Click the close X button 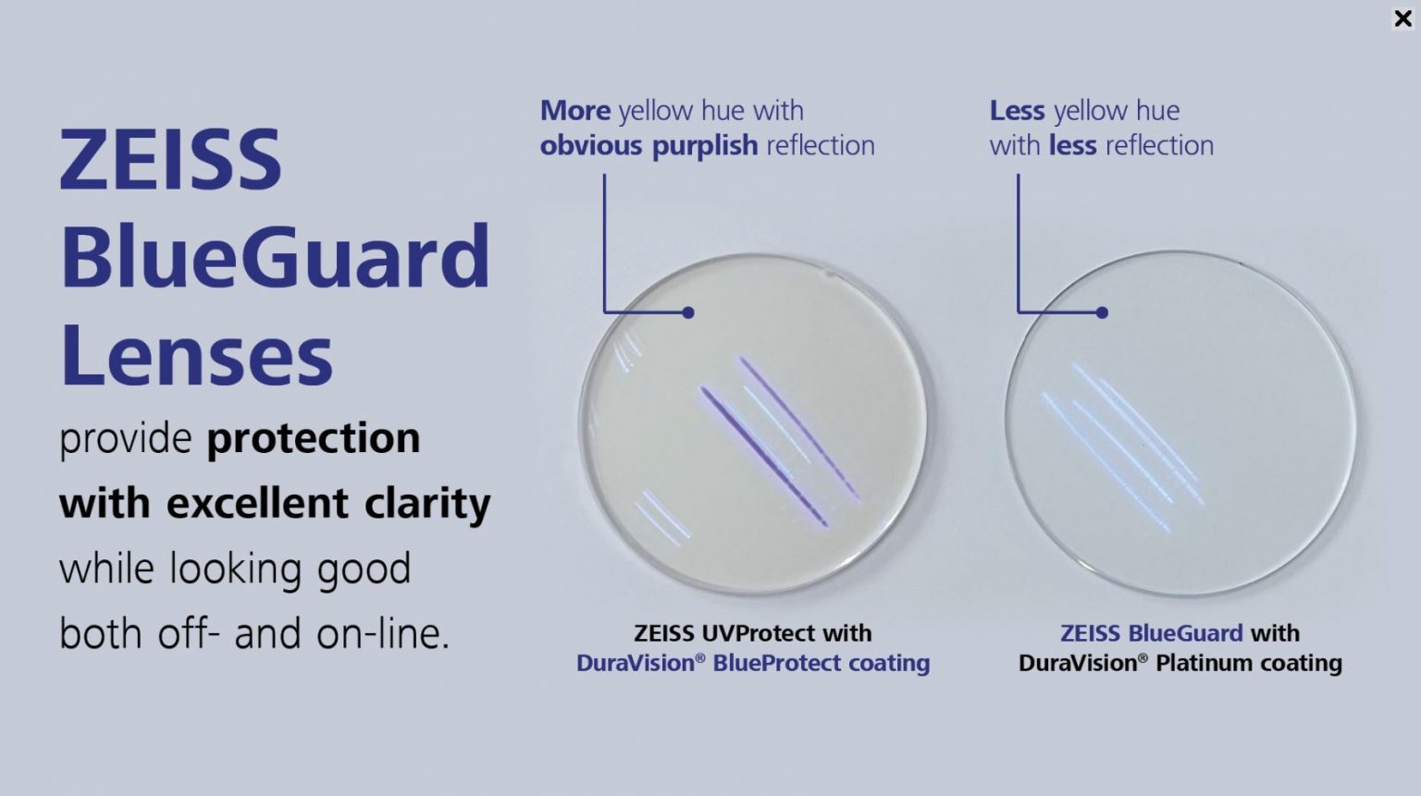pos(1402,18)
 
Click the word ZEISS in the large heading pos(170,161)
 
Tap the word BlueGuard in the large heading pos(275,257)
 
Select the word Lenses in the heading pos(196,356)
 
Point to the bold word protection pos(313,438)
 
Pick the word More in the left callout pos(575,111)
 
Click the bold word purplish pos(705,146)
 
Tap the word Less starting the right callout pos(1017,111)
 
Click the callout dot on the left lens pos(688,312)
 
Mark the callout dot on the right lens pos(1102,312)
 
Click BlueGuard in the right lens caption pos(1185,633)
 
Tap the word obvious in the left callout pos(591,146)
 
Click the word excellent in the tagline pos(257,503)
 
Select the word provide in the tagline pos(126,438)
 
